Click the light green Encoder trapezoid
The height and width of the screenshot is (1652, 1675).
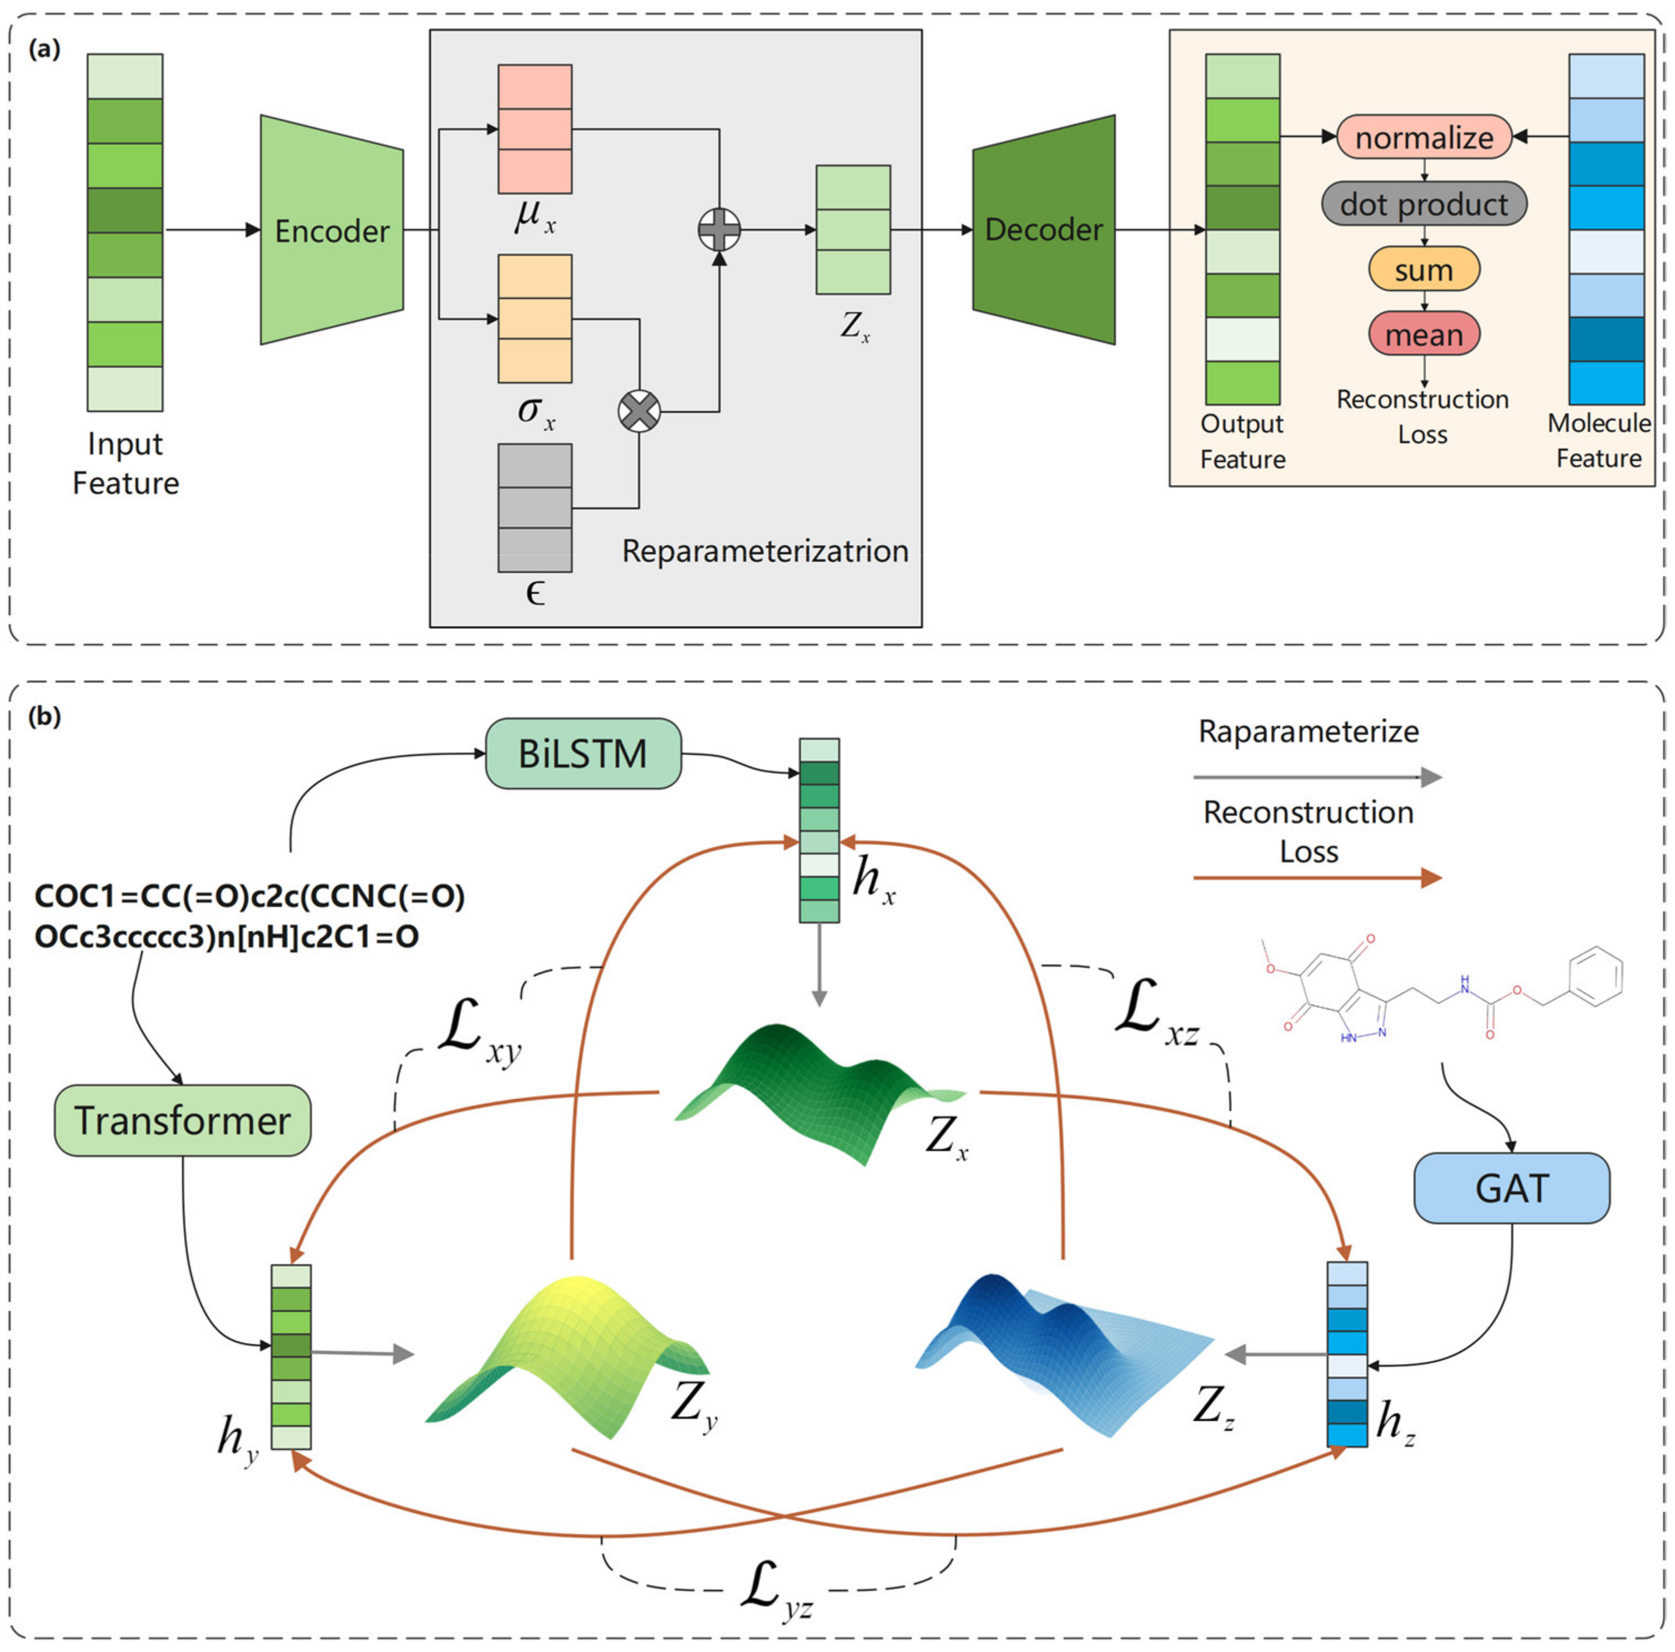[331, 230]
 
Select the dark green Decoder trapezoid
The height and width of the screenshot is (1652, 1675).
[1043, 230]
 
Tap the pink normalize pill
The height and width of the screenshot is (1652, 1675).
[1424, 137]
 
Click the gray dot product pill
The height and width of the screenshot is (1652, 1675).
[1424, 204]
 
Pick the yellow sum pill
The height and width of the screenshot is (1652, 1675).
[1424, 270]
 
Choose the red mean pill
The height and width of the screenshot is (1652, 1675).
[1424, 335]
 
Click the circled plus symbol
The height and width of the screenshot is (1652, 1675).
[719, 230]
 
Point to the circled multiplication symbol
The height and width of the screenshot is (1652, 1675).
[639, 411]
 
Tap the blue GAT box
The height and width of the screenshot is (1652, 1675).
[1511, 1188]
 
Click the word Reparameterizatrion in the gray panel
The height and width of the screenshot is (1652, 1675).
[764, 551]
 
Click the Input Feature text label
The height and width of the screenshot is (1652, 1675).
[125, 463]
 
